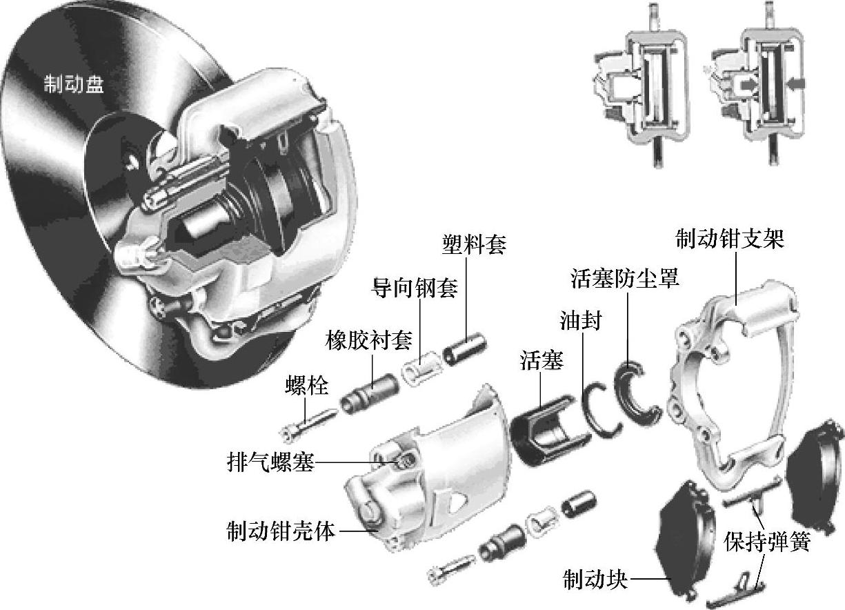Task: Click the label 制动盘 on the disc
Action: tap(74, 83)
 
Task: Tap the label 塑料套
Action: tap(474, 244)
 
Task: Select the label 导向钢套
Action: tap(415, 288)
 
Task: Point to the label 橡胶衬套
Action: tap(368, 340)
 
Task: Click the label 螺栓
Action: tap(307, 385)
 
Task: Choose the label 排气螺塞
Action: tap(270, 461)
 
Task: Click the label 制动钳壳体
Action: tap(281, 531)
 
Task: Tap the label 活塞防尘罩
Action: tap(625, 278)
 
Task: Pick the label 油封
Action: tap(581, 320)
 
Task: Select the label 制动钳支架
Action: tap(730, 239)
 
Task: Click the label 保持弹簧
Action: tap(767, 542)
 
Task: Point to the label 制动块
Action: tap(596, 579)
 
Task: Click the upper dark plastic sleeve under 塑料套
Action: tap(465, 348)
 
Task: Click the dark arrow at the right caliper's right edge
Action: tap(797, 83)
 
